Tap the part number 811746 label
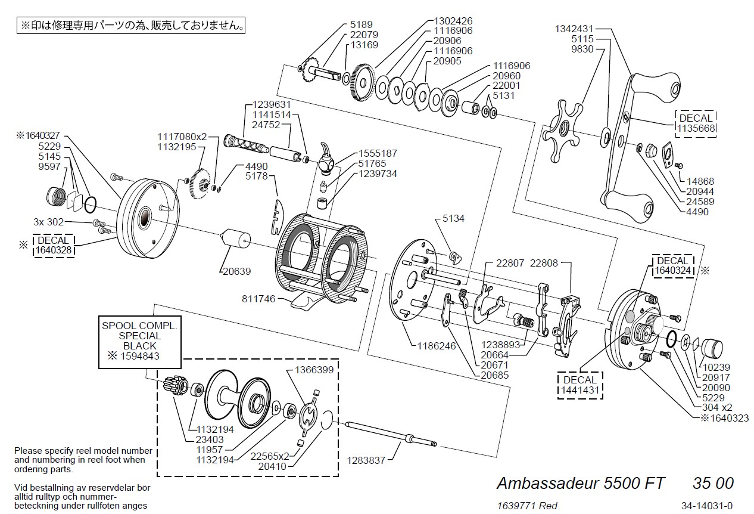258,298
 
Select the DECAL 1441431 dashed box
579,385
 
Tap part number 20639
236,271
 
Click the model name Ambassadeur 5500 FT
581,482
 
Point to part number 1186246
437,345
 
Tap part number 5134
453,219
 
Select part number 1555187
378,153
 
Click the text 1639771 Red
527,506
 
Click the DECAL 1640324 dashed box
673,265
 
